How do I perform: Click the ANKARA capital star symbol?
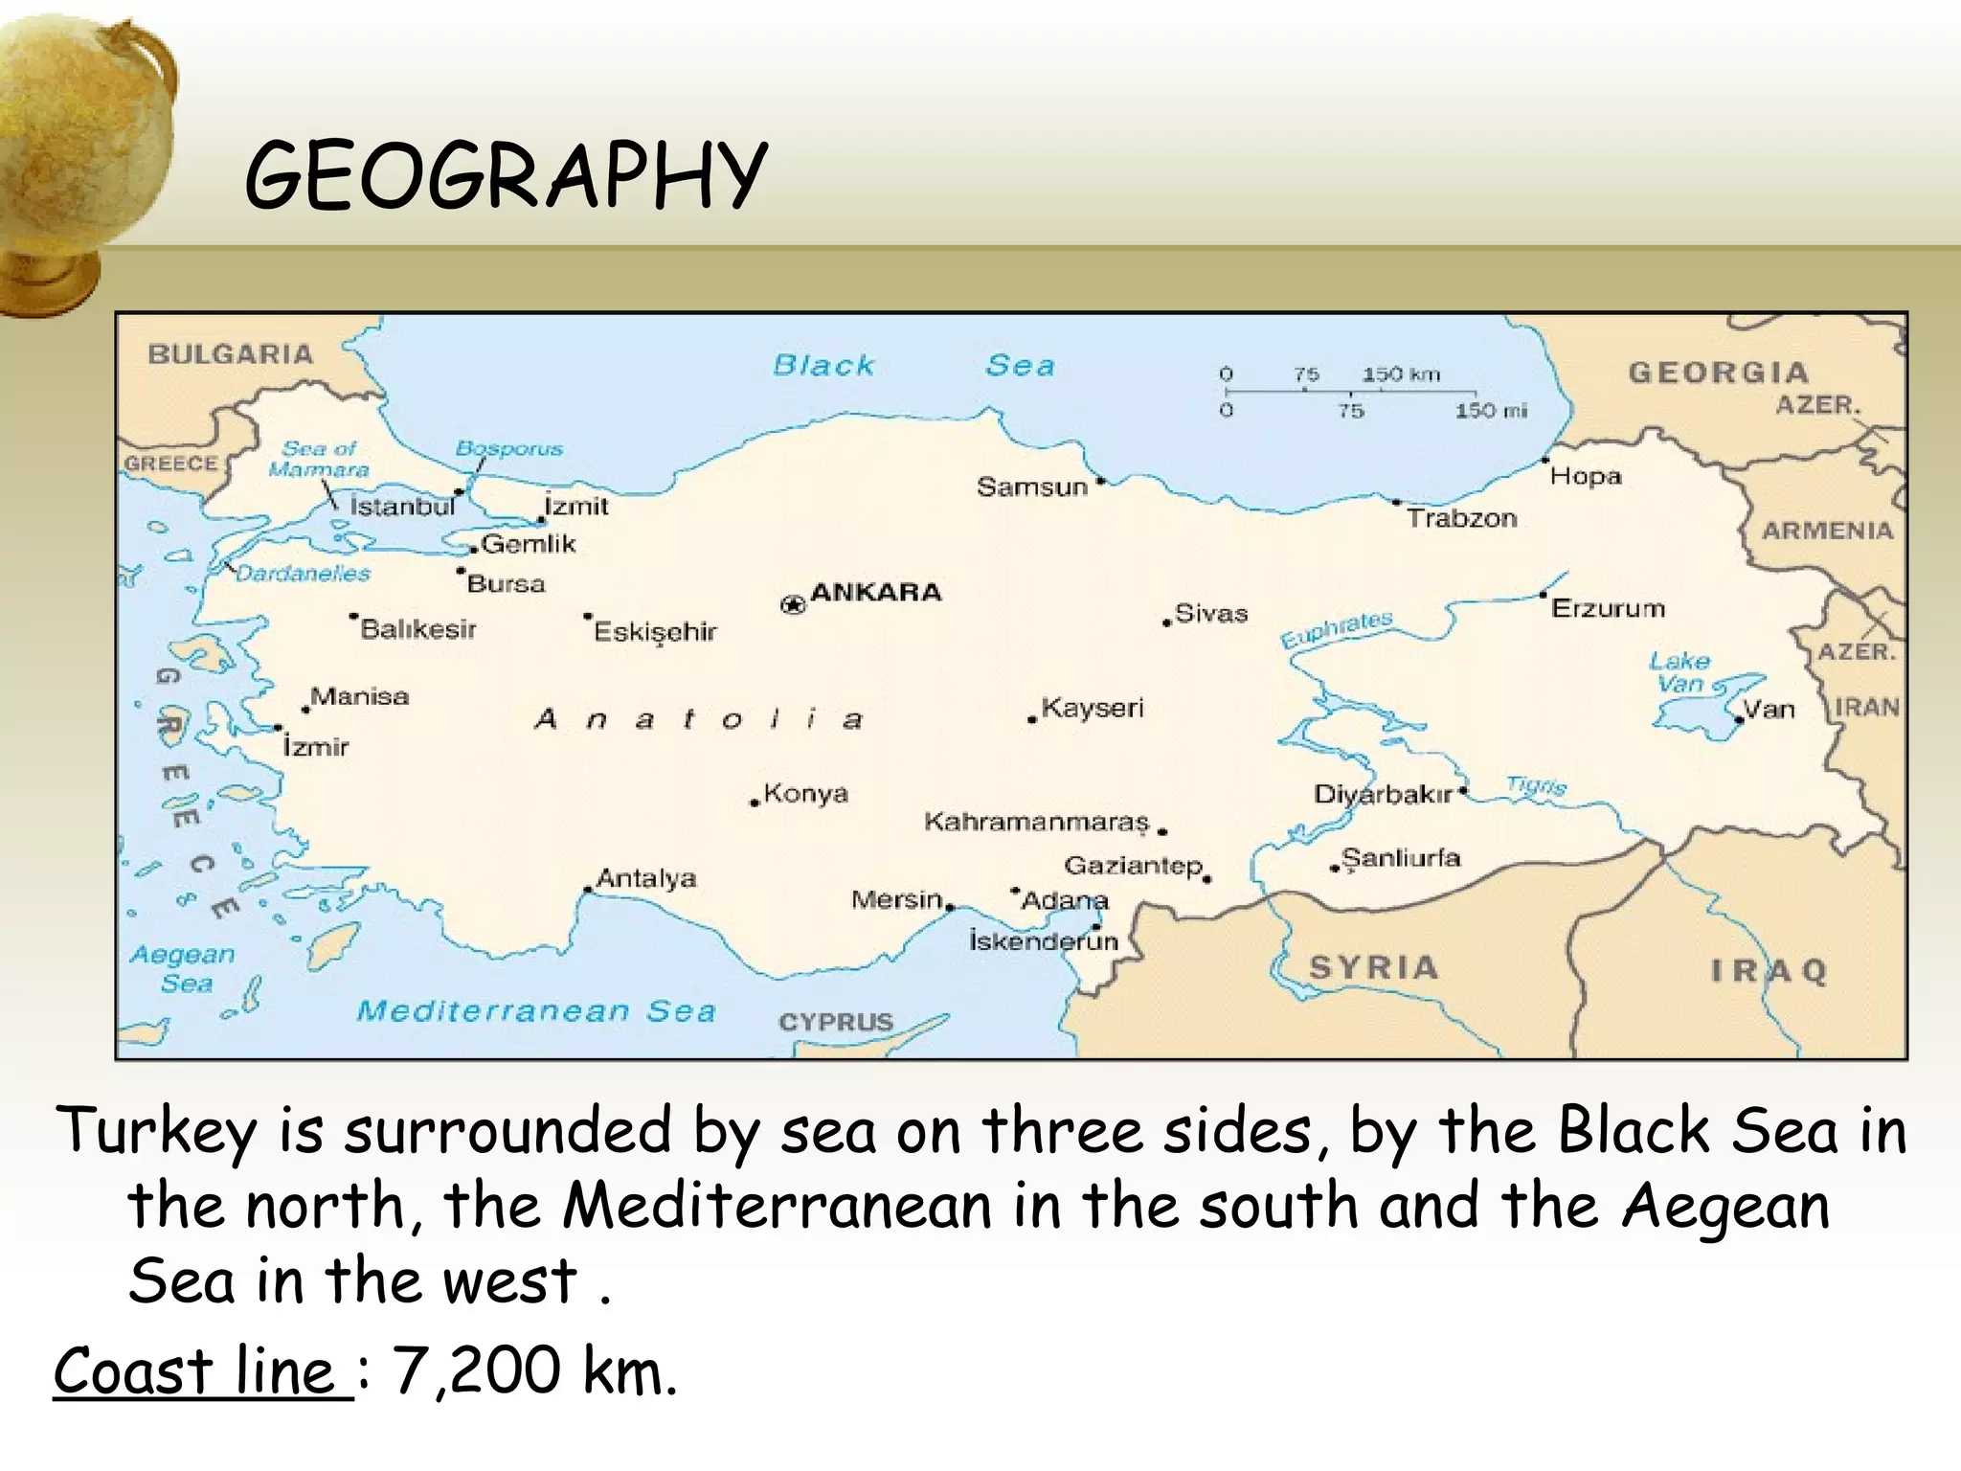click(x=793, y=604)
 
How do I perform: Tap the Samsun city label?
click(x=1031, y=487)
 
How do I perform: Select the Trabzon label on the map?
click(x=1461, y=519)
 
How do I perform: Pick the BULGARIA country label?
click(x=230, y=354)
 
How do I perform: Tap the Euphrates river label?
click(x=1337, y=629)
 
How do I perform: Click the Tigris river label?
click(x=1536, y=786)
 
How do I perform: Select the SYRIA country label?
click(x=1373, y=967)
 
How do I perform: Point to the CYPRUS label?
click(x=835, y=1022)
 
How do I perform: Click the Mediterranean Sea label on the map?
click(x=536, y=1011)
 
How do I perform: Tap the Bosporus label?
click(x=508, y=448)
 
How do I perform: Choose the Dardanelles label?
click(x=303, y=574)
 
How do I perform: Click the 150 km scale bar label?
click(x=1401, y=374)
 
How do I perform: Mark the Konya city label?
click(x=805, y=794)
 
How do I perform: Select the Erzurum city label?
click(x=1608, y=609)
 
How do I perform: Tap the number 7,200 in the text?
click(x=476, y=1371)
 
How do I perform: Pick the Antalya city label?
click(x=646, y=878)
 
